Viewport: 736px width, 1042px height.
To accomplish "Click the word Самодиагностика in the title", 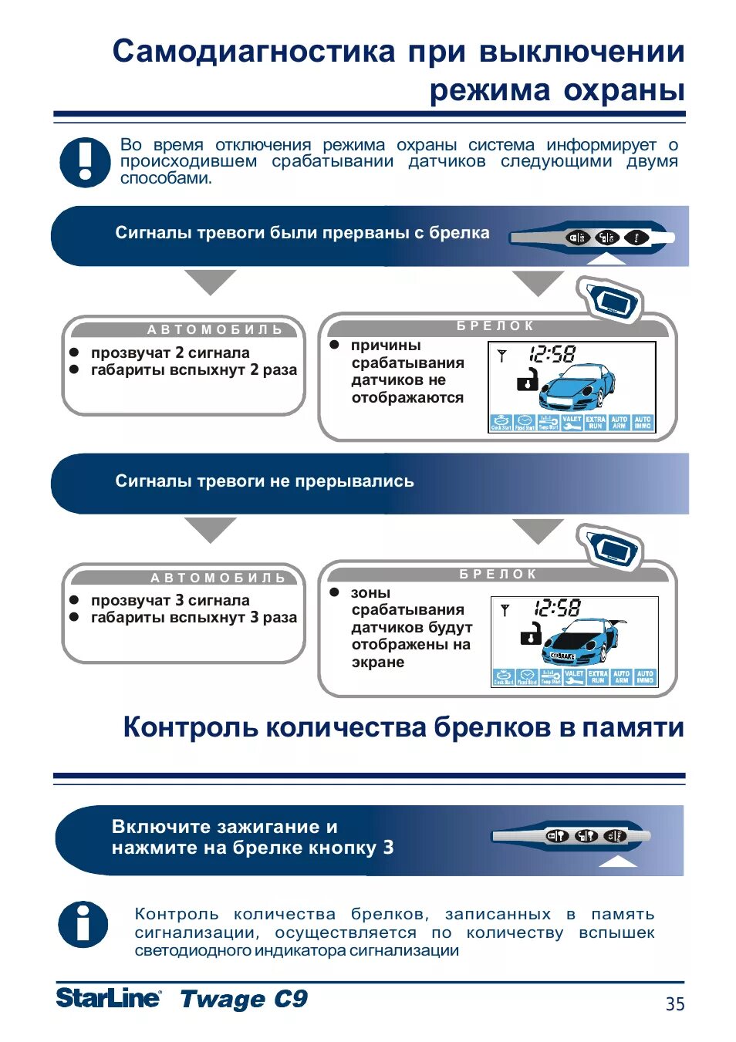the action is tap(255, 52).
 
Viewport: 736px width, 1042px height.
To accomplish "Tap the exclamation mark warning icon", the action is tap(85, 162).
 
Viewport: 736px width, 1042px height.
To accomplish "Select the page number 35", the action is tap(675, 1003).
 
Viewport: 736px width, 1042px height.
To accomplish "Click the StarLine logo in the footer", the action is tap(109, 998).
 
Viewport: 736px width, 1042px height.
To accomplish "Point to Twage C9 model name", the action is tap(244, 999).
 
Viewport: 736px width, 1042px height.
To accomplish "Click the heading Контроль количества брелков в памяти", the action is tap(403, 727).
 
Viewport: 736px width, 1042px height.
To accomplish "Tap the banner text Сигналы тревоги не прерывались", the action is tap(265, 481).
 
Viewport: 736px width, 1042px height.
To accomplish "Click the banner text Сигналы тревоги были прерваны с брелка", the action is tap(302, 233).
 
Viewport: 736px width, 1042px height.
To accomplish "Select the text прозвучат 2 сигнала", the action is tap(170, 352).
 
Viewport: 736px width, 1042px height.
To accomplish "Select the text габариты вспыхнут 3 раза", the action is tap(194, 617).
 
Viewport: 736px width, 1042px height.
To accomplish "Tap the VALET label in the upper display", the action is tap(572, 422).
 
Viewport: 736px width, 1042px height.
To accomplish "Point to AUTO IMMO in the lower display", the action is tap(645, 676).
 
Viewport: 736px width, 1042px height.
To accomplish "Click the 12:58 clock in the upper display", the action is tap(552, 354).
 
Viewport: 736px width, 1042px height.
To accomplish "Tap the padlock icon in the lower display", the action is tap(530, 634).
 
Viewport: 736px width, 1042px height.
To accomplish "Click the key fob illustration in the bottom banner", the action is tap(572, 836).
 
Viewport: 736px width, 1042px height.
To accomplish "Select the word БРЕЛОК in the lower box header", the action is tap(498, 574).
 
